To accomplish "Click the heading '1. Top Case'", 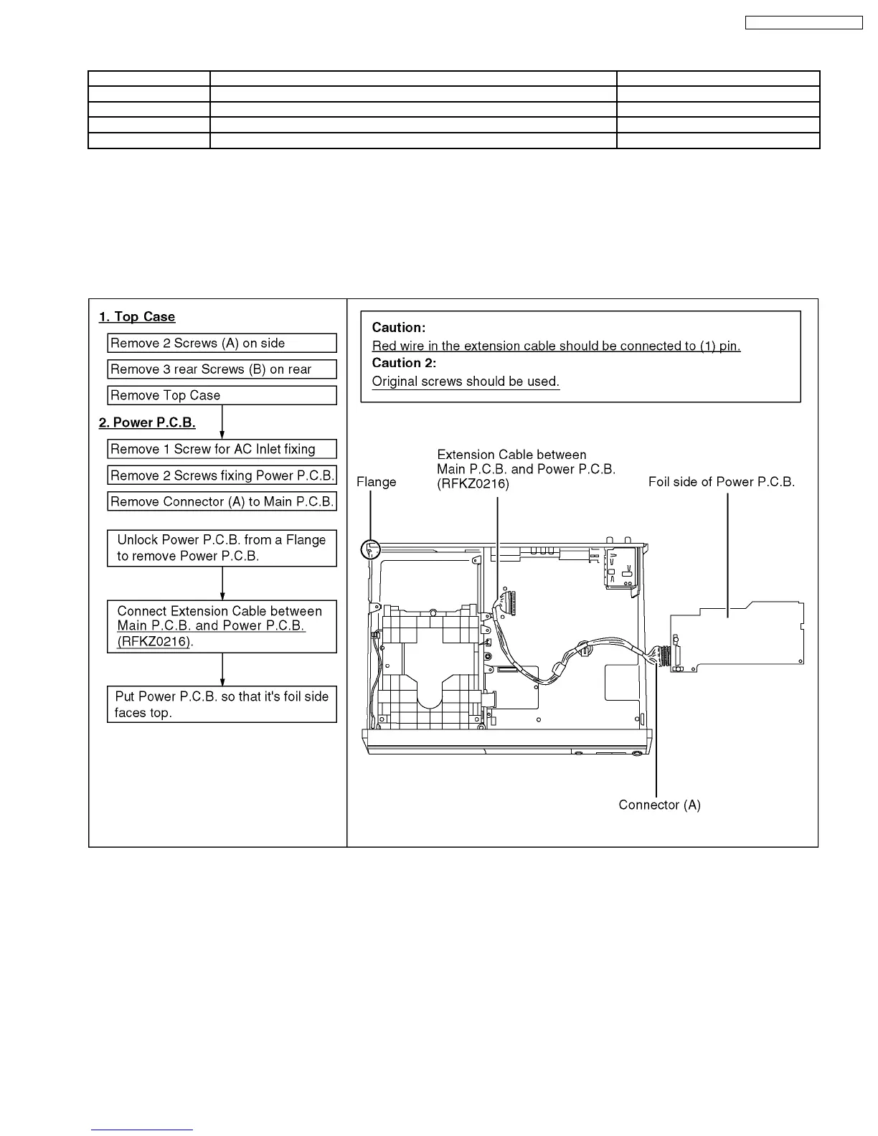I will click(x=137, y=317).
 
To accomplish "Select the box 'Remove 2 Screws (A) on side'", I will click(x=222, y=343).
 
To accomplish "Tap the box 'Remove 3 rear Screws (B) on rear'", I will click(x=222, y=369).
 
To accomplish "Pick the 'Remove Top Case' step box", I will click(x=222, y=395).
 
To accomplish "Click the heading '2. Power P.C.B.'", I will click(x=147, y=422).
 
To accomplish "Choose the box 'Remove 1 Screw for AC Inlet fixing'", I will click(x=222, y=449).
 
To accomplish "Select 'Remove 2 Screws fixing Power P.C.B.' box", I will click(x=222, y=475).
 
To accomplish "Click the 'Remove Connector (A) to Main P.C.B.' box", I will click(x=222, y=501).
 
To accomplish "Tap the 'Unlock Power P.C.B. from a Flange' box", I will click(x=222, y=548).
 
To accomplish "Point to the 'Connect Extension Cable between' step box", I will click(x=222, y=626).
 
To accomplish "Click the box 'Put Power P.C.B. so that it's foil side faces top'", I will click(x=222, y=704).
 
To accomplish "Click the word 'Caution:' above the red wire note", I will click(x=399, y=328).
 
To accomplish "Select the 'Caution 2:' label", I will click(x=404, y=363).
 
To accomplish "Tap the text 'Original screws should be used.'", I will click(x=466, y=382).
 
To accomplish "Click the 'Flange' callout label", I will click(x=376, y=482).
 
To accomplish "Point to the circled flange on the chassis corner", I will click(x=369, y=550).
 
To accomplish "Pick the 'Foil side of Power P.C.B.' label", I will click(x=722, y=482).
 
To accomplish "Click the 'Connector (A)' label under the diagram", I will click(x=659, y=805).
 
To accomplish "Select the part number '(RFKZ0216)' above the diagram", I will click(x=473, y=484).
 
